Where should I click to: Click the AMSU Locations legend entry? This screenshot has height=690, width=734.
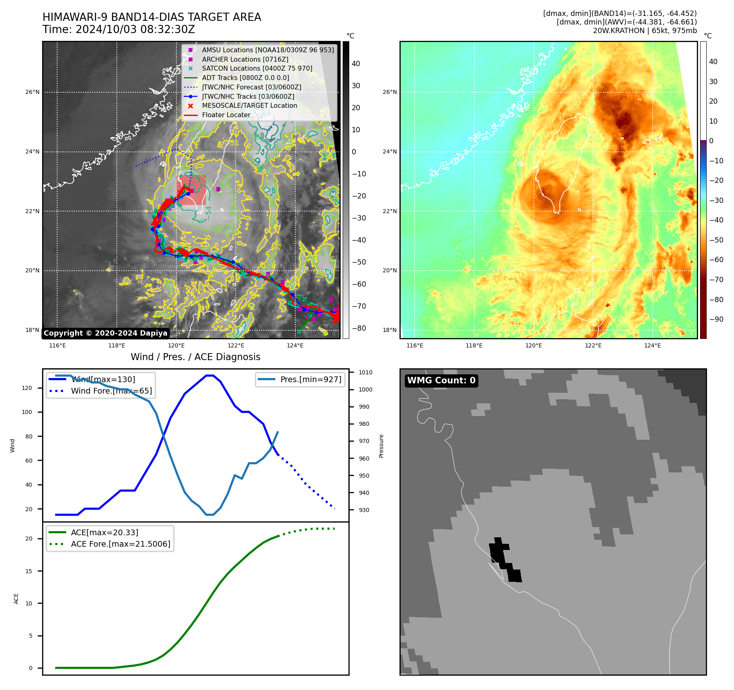point(268,50)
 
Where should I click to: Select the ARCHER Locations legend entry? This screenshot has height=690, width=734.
point(245,59)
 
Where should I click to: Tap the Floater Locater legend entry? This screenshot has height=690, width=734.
point(226,115)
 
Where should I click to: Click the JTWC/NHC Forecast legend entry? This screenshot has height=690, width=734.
point(251,87)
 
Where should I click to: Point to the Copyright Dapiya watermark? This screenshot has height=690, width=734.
point(105,333)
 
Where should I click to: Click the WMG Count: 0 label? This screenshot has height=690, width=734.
point(441,381)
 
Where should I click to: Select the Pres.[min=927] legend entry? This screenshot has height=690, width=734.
point(310,379)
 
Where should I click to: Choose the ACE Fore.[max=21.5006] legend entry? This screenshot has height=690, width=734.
point(120,544)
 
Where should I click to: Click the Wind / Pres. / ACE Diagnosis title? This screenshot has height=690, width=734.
point(195,357)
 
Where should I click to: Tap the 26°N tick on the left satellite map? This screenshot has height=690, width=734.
point(32,92)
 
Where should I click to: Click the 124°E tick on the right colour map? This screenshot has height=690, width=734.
point(652,345)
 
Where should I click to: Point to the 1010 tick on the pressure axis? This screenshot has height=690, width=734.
point(366,372)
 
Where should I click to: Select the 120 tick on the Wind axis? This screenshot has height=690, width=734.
point(27,388)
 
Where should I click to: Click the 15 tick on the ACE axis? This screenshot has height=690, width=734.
point(29,571)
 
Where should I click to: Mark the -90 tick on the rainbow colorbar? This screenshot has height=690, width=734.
point(716,319)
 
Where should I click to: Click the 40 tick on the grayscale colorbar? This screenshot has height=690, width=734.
point(356,64)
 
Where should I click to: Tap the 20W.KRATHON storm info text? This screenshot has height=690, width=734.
point(645,31)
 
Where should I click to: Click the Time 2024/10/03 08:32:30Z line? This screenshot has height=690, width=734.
point(118,29)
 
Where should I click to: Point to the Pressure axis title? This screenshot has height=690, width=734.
point(381,446)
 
